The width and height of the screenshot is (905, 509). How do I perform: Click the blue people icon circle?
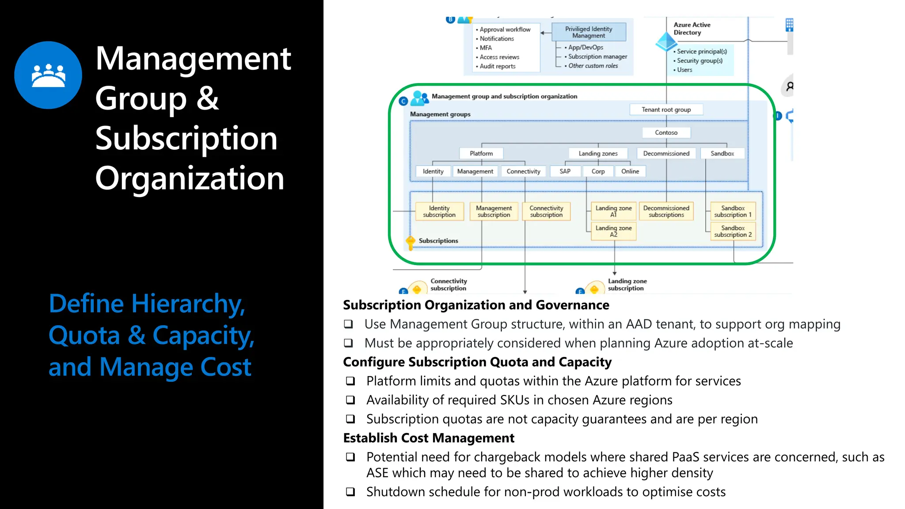point(48,75)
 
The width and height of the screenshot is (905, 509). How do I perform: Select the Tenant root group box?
point(666,110)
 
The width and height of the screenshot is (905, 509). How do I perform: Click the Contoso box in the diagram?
point(666,133)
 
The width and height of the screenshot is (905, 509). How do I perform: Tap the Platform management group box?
point(481,153)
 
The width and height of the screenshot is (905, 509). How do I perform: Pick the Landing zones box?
point(598,153)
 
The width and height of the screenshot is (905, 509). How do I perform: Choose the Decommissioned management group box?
point(666,153)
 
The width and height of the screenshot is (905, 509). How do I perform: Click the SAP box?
point(565,171)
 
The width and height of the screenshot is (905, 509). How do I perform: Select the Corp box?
point(598,171)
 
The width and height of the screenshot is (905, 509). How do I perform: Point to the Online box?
point(630,171)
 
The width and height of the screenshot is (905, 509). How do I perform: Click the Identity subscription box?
point(439,211)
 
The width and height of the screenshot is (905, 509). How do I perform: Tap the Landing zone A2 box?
point(613,231)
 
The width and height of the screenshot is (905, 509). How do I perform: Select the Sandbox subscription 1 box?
point(733,211)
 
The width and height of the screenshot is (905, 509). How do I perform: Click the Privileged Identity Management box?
point(589,32)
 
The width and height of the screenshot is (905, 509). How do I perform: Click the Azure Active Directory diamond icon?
point(666,42)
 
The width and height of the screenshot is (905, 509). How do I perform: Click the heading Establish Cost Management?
point(429,438)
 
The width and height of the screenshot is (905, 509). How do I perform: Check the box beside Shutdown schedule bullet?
point(350,492)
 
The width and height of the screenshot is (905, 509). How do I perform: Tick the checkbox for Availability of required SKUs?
point(350,400)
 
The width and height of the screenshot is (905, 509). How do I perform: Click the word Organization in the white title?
point(190,178)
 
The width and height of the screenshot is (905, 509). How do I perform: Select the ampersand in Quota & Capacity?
point(137,335)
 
